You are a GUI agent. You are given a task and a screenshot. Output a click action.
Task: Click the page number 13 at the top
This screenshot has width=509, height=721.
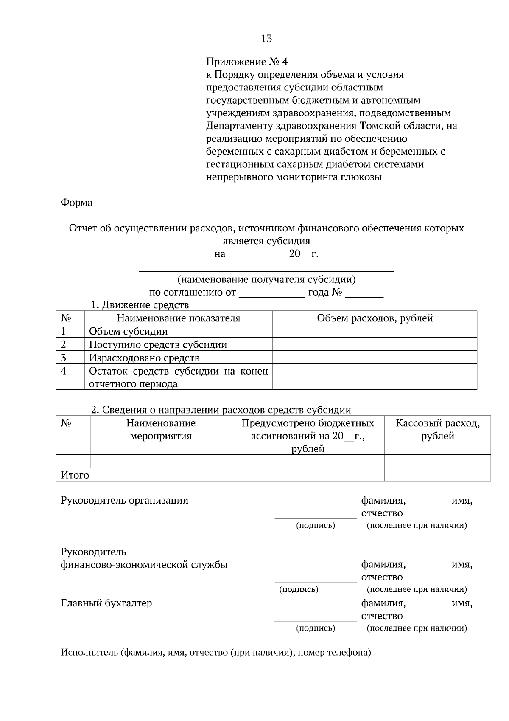click(266, 39)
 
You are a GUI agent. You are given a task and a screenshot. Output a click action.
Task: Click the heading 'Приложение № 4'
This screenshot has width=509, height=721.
click(247, 62)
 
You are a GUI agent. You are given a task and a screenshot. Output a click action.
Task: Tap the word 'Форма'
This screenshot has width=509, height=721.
click(76, 203)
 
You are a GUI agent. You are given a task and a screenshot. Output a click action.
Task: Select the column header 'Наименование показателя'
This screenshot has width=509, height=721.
click(178, 318)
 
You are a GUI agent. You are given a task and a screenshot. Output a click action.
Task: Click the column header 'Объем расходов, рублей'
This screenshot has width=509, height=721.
click(375, 318)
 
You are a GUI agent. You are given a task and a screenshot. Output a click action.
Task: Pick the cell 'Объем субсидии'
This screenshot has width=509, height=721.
click(128, 331)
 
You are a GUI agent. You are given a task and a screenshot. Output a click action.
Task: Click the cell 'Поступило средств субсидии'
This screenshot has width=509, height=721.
click(158, 344)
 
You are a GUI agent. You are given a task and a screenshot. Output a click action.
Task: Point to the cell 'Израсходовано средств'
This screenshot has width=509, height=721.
click(144, 358)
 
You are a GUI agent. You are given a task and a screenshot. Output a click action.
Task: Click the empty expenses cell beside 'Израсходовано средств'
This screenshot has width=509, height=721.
click(375, 358)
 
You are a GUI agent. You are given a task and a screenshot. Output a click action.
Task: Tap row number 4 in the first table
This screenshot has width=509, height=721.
click(64, 371)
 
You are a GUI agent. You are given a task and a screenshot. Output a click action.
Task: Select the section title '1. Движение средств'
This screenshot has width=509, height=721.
click(140, 305)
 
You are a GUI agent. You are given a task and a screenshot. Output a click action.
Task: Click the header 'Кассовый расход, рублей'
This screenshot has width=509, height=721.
click(437, 429)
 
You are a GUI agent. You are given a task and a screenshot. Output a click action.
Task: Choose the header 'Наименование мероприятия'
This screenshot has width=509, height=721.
click(161, 429)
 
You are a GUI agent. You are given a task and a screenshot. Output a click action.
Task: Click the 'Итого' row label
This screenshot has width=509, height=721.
click(75, 475)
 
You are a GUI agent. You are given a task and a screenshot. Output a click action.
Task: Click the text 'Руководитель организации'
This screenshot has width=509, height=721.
click(124, 500)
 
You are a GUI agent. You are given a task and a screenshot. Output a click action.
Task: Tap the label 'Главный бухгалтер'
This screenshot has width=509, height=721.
click(106, 603)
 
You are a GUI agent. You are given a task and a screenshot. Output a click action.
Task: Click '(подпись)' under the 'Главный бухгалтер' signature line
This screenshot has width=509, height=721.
click(315, 628)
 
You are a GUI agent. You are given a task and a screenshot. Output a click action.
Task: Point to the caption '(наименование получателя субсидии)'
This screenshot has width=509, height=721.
click(266, 279)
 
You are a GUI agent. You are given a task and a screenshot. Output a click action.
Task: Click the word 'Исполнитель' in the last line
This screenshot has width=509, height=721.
click(89, 652)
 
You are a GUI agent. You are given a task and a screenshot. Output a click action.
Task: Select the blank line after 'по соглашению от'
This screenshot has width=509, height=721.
click(272, 293)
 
